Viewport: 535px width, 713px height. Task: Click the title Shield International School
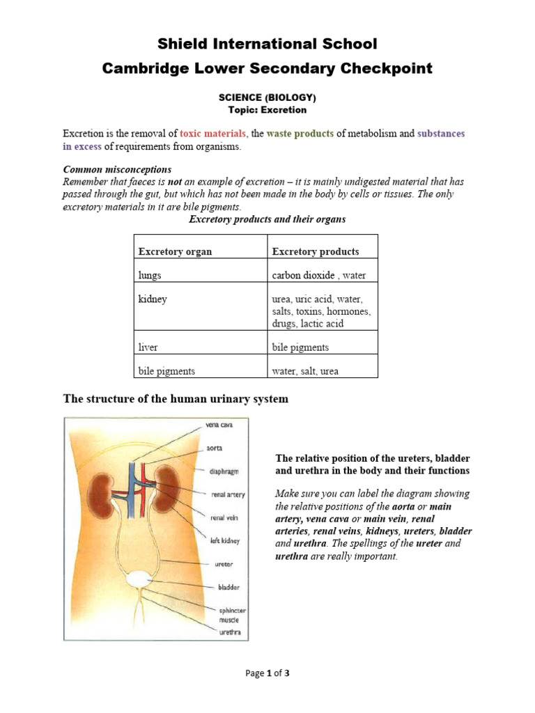click(267, 44)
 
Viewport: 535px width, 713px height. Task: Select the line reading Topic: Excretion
click(267, 110)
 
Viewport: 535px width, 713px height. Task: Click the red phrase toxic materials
click(213, 133)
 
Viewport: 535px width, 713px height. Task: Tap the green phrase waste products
click(300, 133)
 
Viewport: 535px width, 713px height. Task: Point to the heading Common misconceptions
click(117, 169)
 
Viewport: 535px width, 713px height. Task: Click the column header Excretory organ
click(175, 251)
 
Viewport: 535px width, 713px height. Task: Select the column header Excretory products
click(316, 251)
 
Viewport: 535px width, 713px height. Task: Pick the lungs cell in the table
click(150, 275)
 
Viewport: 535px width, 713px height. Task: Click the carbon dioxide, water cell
click(318, 275)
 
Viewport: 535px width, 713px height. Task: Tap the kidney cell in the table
click(153, 299)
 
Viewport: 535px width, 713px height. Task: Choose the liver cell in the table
click(148, 347)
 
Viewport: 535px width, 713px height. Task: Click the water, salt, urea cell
click(305, 371)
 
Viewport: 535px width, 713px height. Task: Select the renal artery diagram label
click(228, 495)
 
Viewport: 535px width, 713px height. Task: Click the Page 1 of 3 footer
click(267, 673)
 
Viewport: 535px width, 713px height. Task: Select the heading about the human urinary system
click(176, 399)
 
